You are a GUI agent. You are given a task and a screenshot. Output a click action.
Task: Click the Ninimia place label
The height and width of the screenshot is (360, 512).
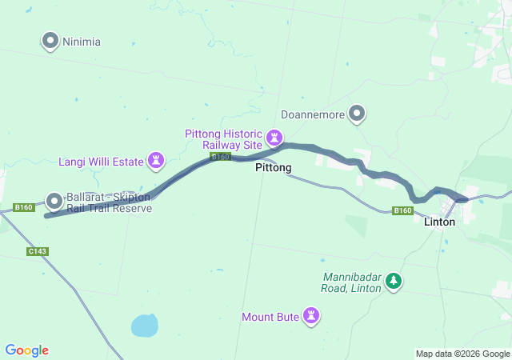click(x=81, y=42)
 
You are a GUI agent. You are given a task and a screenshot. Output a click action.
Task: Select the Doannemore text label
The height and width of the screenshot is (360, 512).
click(x=313, y=115)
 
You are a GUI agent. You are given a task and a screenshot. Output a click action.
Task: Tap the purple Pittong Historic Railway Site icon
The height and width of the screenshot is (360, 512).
click(x=275, y=138)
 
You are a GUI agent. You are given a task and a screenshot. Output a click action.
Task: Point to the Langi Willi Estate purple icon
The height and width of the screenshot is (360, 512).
click(x=156, y=161)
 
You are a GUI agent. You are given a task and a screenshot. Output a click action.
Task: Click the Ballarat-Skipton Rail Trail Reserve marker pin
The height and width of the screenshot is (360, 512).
click(x=54, y=200)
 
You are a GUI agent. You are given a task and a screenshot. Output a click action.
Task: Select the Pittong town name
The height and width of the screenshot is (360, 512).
click(x=273, y=168)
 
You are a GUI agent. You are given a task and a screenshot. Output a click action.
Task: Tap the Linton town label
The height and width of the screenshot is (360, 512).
click(x=439, y=222)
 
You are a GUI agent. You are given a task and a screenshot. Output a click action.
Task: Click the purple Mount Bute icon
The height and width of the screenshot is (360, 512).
click(x=311, y=317)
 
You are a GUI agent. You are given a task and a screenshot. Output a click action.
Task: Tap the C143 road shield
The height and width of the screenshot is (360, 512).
click(x=37, y=251)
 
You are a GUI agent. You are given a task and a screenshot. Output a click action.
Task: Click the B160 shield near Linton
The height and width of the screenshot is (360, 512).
click(x=402, y=211)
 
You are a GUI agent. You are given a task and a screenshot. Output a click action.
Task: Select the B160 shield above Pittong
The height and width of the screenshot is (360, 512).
click(x=221, y=157)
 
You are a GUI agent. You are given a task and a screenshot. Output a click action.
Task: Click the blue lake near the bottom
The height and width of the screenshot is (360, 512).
click(x=144, y=325)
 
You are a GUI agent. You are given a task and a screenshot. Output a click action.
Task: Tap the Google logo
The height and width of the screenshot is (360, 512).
click(x=26, y=350)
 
